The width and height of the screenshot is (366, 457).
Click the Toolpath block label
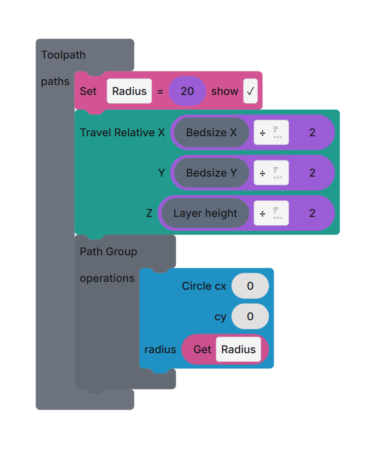63,55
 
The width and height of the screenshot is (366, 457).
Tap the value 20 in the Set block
187,91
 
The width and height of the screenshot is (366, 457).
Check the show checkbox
250,91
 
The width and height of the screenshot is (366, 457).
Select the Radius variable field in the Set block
129,91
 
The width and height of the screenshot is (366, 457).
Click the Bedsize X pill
211,133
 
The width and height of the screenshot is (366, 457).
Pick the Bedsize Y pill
211,173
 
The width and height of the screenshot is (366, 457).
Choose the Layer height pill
205,213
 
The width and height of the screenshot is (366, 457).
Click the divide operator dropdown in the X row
271,133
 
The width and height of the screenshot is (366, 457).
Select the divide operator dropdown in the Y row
271,173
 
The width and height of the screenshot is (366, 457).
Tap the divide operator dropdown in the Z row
271,213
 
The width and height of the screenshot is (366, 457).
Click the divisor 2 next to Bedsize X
312,133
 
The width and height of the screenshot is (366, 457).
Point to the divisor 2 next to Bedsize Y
312,173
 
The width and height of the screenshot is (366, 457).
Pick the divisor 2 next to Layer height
312,213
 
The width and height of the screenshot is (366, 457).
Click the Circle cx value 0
250,286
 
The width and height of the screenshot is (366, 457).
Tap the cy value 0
250,317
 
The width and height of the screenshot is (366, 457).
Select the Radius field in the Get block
238,350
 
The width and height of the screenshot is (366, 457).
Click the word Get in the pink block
202,350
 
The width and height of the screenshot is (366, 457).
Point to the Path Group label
109,252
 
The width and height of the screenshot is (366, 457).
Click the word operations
107,278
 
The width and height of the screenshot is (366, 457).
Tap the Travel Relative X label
122,133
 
